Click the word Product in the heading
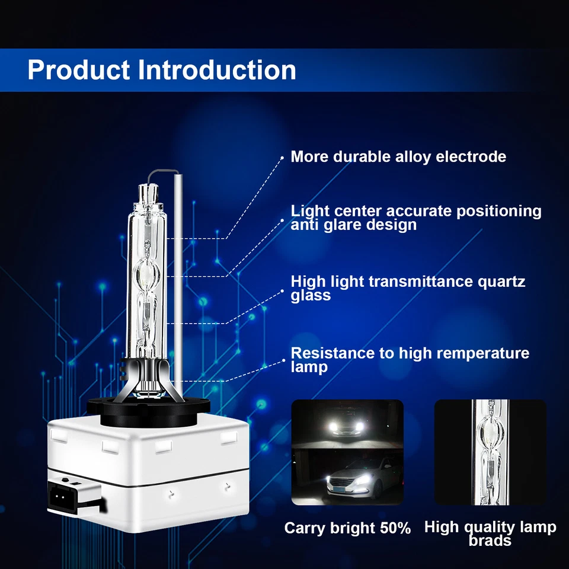pyautogui.click(x=78, y=70)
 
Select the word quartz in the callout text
pyautogui.click(x=500, y=281)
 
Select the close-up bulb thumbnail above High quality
pyautogui.click(x=490, y=452)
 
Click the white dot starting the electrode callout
pyautogui.click(x=282, y=157)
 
